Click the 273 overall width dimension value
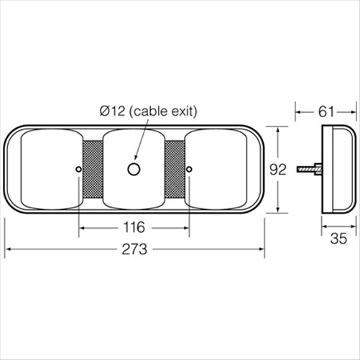click(134, 250)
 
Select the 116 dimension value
click(134, 227)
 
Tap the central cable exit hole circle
click(134, 169)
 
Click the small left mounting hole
click(78, 169)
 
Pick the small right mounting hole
click(190, 169)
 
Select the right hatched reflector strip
click(176, 170)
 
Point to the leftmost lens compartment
click(47, 170)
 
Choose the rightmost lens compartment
click(219, 170)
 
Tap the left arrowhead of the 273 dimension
click(9, 250)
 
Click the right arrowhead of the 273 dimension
click(260, 250)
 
